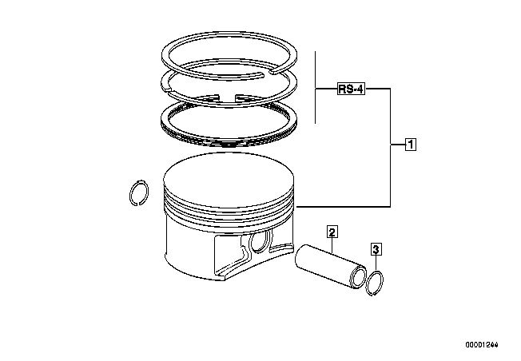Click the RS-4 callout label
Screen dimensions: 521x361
pyautogui.click(x=351, y=89)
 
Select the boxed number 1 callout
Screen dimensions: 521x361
pyautogui.click(x=411, y=145)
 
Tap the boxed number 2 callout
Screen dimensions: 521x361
pyautogui.click(x=332, y=232)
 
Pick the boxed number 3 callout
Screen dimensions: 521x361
pyautogui.click(x=376, y=249)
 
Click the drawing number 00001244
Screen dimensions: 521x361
pyautogui.click(x=482, y=345)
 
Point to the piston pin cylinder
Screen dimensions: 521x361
pyautogui.click(x=331, y=266)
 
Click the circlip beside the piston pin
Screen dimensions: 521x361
pyautogui.click(x=374, y=283)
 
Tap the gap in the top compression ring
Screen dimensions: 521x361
pyautogui.click(x=268, y=73)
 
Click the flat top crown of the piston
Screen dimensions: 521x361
pyautogui.click(x=229, y=180)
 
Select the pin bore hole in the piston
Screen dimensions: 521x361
pyautogui.click(x=260, y=241)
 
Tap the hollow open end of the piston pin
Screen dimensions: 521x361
pyautogui.click(x=358, y=276)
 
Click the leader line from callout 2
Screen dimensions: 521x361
pyautogui.click(x=332, y=245)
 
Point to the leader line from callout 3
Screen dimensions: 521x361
pyautogui.click(x=376, y=263)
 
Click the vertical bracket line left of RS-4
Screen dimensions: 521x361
pyautogui.click(x=316, y=87)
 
